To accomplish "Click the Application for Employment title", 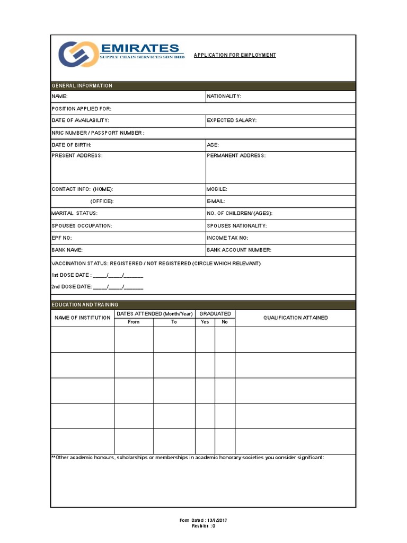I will [x=235, y=55].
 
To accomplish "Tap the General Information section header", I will [x=82, y=86].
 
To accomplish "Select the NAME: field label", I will [x=59, y=97].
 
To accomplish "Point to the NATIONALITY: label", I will [x=224, y=97].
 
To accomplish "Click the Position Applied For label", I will [x=81, y=109].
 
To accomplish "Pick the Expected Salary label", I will [x=232, y=120].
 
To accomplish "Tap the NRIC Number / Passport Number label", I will [x=98, y=133].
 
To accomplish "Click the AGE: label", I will [x=213, y=145].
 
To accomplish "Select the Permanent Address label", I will [x=236, y=156].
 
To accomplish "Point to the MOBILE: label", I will [x=217, y=189].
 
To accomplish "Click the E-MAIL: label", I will [x=216, y=202].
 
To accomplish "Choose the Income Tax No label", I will [x=227, y=238].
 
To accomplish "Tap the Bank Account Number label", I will [x=239, y=250].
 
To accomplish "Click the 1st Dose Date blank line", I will [x=118, y=276].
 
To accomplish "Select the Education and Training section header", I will [x=85, y=305].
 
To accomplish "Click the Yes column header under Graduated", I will [x=205, y=322].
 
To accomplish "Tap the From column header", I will [x=134, y=322].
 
